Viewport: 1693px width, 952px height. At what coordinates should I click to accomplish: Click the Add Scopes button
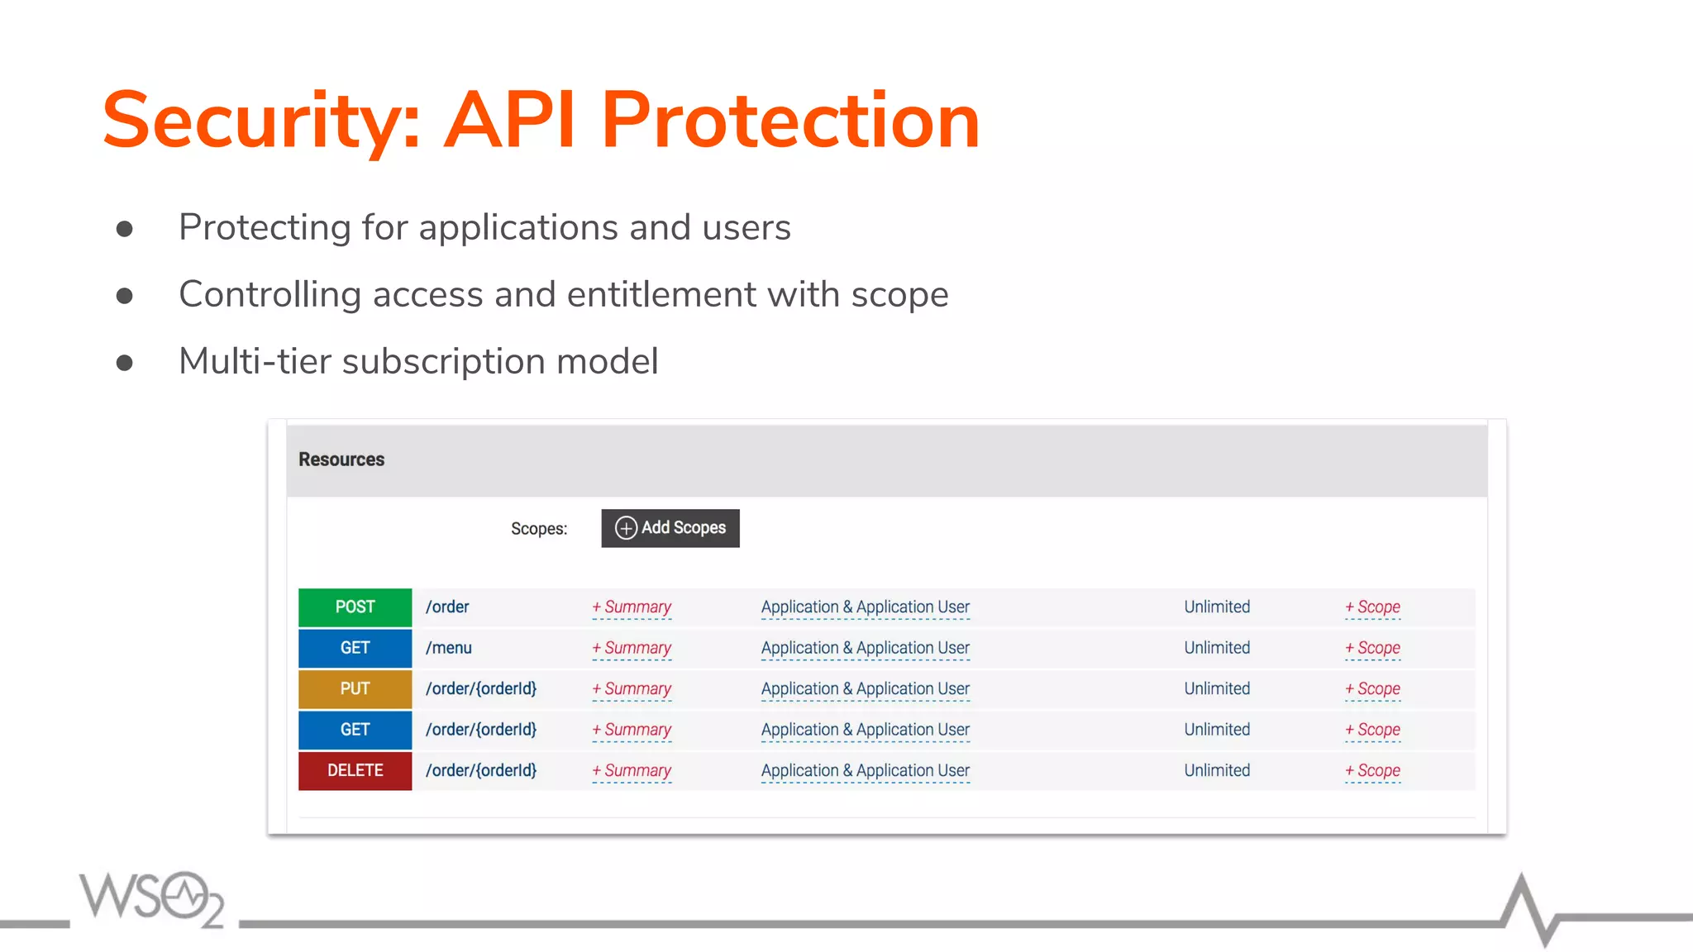[670, 528]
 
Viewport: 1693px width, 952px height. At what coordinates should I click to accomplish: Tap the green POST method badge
[355, 607]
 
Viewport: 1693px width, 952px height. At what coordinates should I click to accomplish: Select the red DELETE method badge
[355, 770]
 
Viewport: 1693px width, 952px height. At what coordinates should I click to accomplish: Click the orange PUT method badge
[355, 689]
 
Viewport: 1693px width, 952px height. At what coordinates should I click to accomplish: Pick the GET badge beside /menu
[355, 648]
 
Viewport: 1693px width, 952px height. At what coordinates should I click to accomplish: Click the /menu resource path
[448, 648]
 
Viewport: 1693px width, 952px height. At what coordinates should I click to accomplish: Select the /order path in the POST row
[447, 607]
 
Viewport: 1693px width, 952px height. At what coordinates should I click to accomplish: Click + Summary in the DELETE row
[632, 770]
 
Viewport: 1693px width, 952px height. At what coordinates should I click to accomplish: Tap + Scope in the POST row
[1372, 607]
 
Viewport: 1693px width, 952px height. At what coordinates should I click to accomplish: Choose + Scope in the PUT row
[1372, 689]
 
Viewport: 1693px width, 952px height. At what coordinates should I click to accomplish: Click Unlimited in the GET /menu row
[1216, 648]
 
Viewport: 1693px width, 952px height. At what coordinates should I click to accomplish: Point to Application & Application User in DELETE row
[865, 770]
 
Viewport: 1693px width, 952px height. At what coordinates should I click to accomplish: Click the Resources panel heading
[341, 459]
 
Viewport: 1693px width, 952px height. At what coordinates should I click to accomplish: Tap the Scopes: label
[538, 529]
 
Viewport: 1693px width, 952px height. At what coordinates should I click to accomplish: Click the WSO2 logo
[152, 898]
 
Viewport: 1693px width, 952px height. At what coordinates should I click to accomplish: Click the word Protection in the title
[789, 121]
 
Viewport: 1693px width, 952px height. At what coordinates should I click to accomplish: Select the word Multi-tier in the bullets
[255, 361]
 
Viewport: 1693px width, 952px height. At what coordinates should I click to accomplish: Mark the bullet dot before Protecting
[125, 229]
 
